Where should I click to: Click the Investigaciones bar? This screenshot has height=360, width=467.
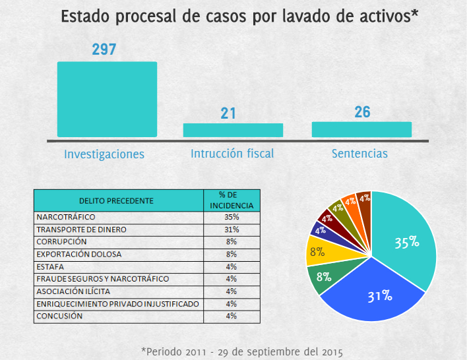107,99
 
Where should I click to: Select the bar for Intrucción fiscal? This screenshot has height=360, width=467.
233,130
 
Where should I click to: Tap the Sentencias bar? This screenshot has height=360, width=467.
361,129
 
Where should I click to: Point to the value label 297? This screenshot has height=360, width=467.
104,49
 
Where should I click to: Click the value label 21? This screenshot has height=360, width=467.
228,113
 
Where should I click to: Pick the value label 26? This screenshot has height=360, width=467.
362,112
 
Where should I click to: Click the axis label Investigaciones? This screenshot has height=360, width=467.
104,154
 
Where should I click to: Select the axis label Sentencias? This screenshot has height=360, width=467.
359,154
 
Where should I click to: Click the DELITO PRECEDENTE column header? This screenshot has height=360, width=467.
117,200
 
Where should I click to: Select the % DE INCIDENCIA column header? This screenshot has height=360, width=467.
231,200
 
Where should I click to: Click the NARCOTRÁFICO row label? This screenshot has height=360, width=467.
66,217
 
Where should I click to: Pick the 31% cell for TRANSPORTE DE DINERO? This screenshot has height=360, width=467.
231,229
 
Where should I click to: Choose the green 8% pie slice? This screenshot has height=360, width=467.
325,277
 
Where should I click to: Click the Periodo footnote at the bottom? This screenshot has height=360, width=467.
242,350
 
